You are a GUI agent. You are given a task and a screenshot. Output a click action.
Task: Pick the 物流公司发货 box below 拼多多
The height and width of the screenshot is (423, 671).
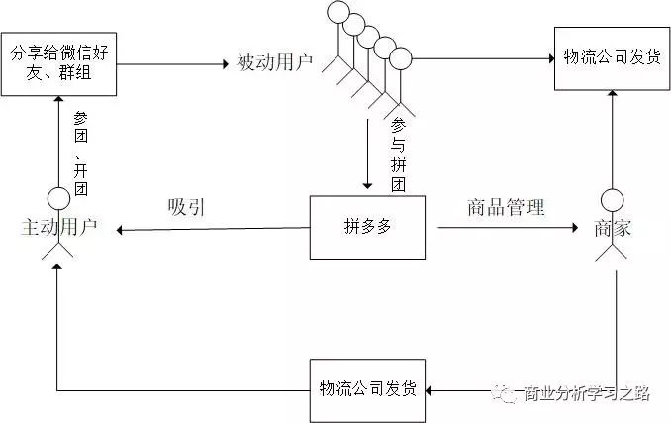367,385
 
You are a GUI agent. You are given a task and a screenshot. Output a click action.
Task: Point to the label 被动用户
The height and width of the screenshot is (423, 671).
274,63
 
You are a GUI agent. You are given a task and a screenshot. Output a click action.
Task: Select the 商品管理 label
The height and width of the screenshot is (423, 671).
506,208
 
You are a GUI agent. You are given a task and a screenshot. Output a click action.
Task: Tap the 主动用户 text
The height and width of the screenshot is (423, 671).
58,228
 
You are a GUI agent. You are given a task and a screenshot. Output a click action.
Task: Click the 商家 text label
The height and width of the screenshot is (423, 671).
614,228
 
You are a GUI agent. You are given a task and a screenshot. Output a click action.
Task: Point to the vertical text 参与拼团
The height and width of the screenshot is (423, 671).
399,155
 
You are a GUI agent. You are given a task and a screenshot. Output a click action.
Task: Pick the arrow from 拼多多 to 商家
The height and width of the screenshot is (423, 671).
505,228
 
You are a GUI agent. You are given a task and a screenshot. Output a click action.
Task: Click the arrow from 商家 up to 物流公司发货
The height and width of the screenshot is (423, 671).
614,139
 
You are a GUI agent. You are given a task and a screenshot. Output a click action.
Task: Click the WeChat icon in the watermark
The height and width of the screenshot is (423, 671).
508,393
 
